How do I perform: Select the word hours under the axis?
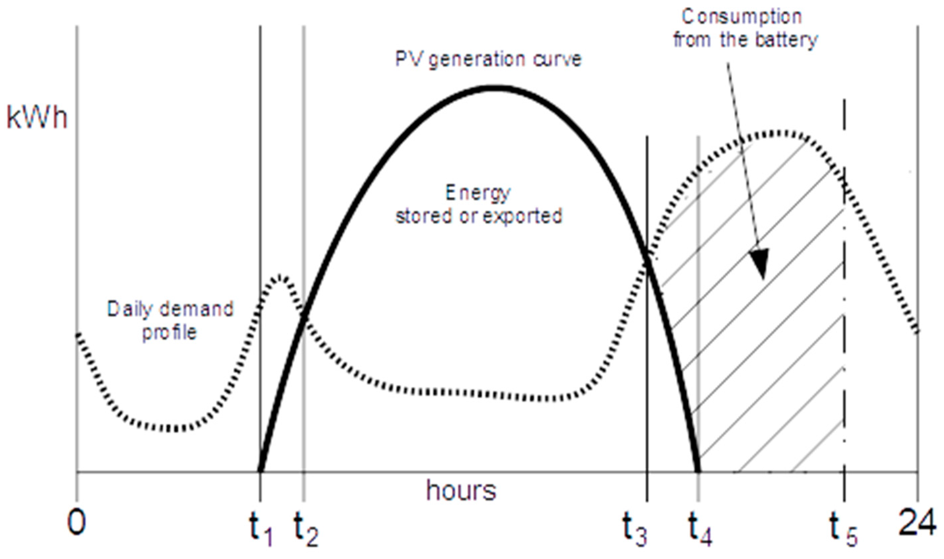[461, 491]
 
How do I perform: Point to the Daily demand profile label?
[170, 321]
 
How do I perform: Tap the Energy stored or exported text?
[479, 205]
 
